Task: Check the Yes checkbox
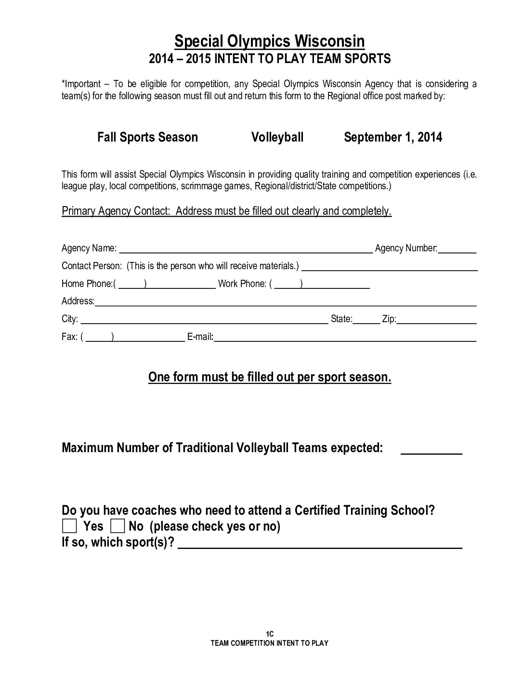[69, 526]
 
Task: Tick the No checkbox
[118, 526]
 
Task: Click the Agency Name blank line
[246, 248]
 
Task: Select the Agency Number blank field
[457, 248]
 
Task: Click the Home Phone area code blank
[131, 284]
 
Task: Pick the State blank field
[366, 320]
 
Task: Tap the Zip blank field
[436, 320]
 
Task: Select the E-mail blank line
[345, 338]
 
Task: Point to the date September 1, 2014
[393, 137]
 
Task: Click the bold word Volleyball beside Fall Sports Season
[277, 137]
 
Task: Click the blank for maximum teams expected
[431, 450]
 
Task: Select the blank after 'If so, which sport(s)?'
[320, 544]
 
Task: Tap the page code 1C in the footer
[269, 634]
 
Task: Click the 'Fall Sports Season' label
[147, 137]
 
